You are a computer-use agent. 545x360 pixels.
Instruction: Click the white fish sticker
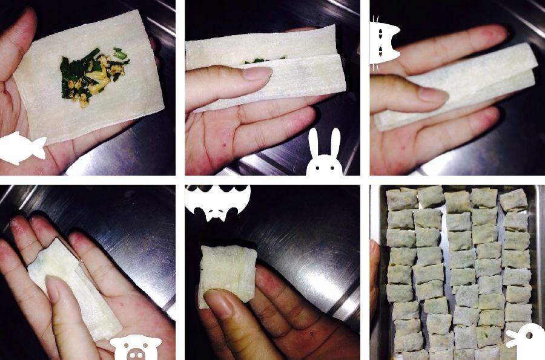point(21,148)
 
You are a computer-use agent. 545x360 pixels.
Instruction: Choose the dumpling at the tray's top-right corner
point(514,200)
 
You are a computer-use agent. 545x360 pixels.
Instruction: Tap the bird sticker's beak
point(510,342)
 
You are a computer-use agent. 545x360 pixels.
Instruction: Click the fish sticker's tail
point(40,147)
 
